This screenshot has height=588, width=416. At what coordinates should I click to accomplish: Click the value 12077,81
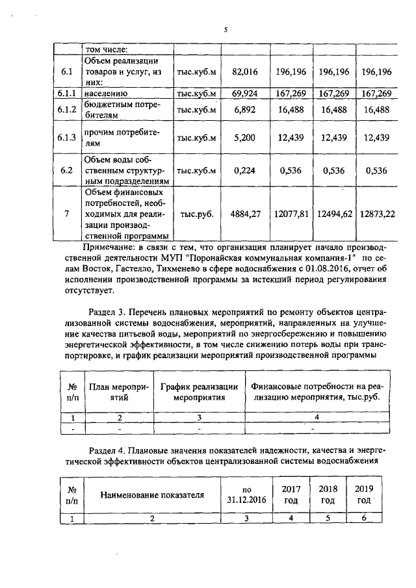(291, 214)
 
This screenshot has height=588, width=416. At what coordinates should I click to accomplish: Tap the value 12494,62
(333, 214)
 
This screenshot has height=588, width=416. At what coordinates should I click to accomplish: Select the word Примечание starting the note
(109, 248)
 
